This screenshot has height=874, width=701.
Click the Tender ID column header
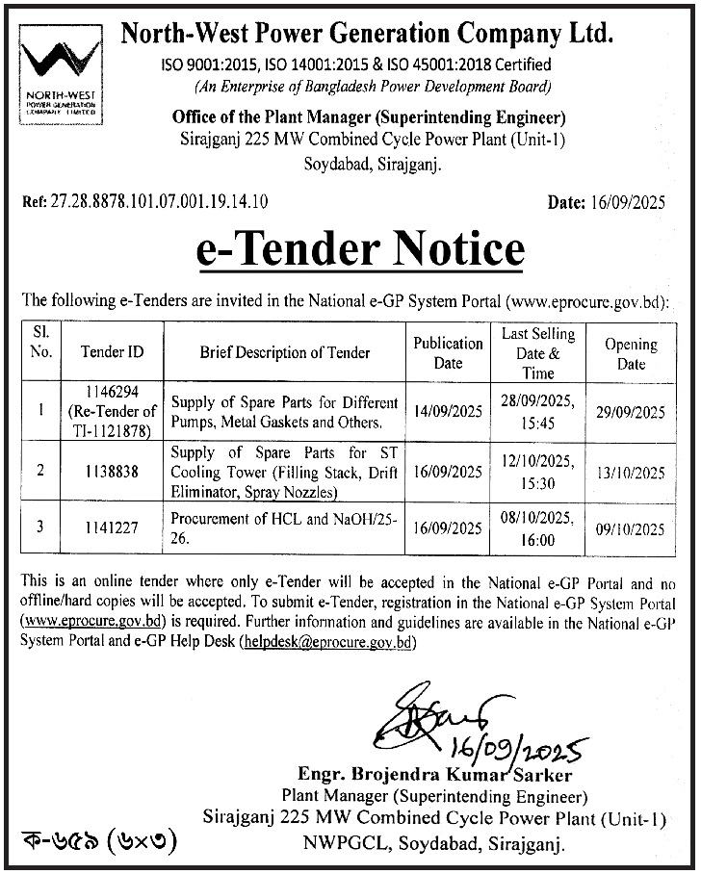[x=113, y=352]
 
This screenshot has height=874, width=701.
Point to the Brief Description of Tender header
[x=285, y=352]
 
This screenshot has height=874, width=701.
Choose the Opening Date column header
[x=631, y=353]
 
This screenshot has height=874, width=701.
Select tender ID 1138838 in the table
[x=113, y=473]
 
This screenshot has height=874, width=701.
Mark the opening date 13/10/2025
[x=631, y=473]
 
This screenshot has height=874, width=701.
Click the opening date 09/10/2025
[x=631, y=529]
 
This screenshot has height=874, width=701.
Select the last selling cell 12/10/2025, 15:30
[x=538, y=473]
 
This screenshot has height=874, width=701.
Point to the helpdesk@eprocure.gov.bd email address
[x=328, y=641]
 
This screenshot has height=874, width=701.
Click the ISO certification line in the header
[x=355, y=65]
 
